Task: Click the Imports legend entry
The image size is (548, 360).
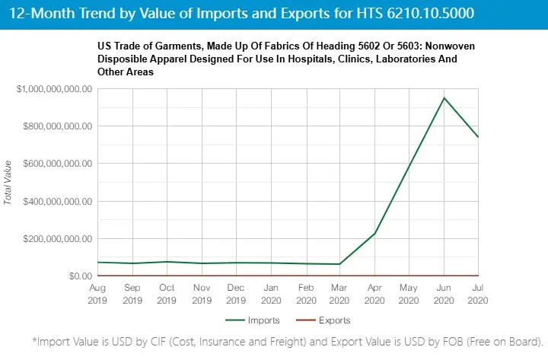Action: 258,320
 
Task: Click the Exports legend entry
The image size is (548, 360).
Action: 330,320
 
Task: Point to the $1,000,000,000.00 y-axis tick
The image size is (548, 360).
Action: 55,89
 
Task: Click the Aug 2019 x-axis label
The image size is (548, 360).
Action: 98,295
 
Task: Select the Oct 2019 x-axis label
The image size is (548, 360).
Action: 167,295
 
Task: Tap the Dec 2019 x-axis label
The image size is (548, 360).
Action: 236,295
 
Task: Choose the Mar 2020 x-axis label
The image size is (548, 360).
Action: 339,295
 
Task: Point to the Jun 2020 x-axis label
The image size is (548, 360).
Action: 443,295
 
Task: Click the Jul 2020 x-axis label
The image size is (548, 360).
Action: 478,295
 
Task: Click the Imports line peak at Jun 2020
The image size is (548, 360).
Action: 443,98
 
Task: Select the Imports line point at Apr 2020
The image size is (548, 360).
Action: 374,233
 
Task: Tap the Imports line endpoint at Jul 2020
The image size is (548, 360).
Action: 478,137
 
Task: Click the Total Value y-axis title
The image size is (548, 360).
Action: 8,183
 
